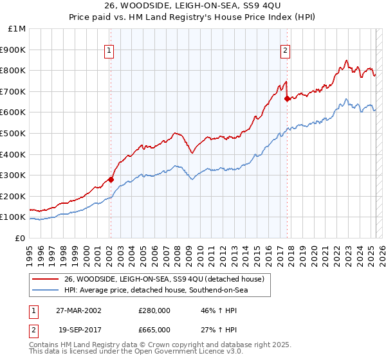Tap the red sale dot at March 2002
point(111,179)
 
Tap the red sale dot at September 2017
point(287,98)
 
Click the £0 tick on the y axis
point(20,238)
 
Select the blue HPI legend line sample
point(46,291)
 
